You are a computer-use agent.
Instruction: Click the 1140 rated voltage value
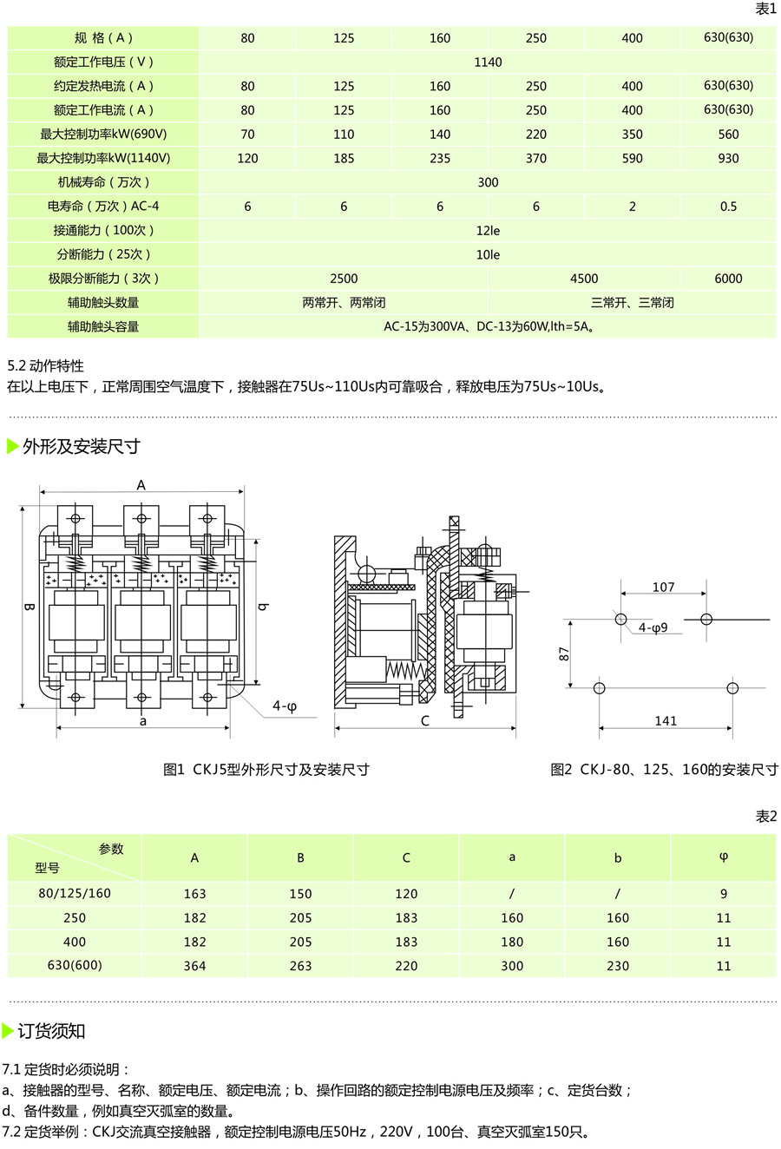point(488,62)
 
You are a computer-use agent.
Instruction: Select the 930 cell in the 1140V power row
point(728,158)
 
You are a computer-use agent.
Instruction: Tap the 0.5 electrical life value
point(728,207)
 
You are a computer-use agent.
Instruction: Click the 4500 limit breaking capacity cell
point(584,279)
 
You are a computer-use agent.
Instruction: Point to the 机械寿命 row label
point(103,182)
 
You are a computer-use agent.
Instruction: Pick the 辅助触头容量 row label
point(103,327)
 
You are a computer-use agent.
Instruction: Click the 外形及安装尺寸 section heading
point(81,446)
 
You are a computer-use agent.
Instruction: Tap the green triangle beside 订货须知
point(7,1030)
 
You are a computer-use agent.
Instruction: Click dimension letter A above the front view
point(141,485)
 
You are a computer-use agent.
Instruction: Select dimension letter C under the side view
point(424,720)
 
